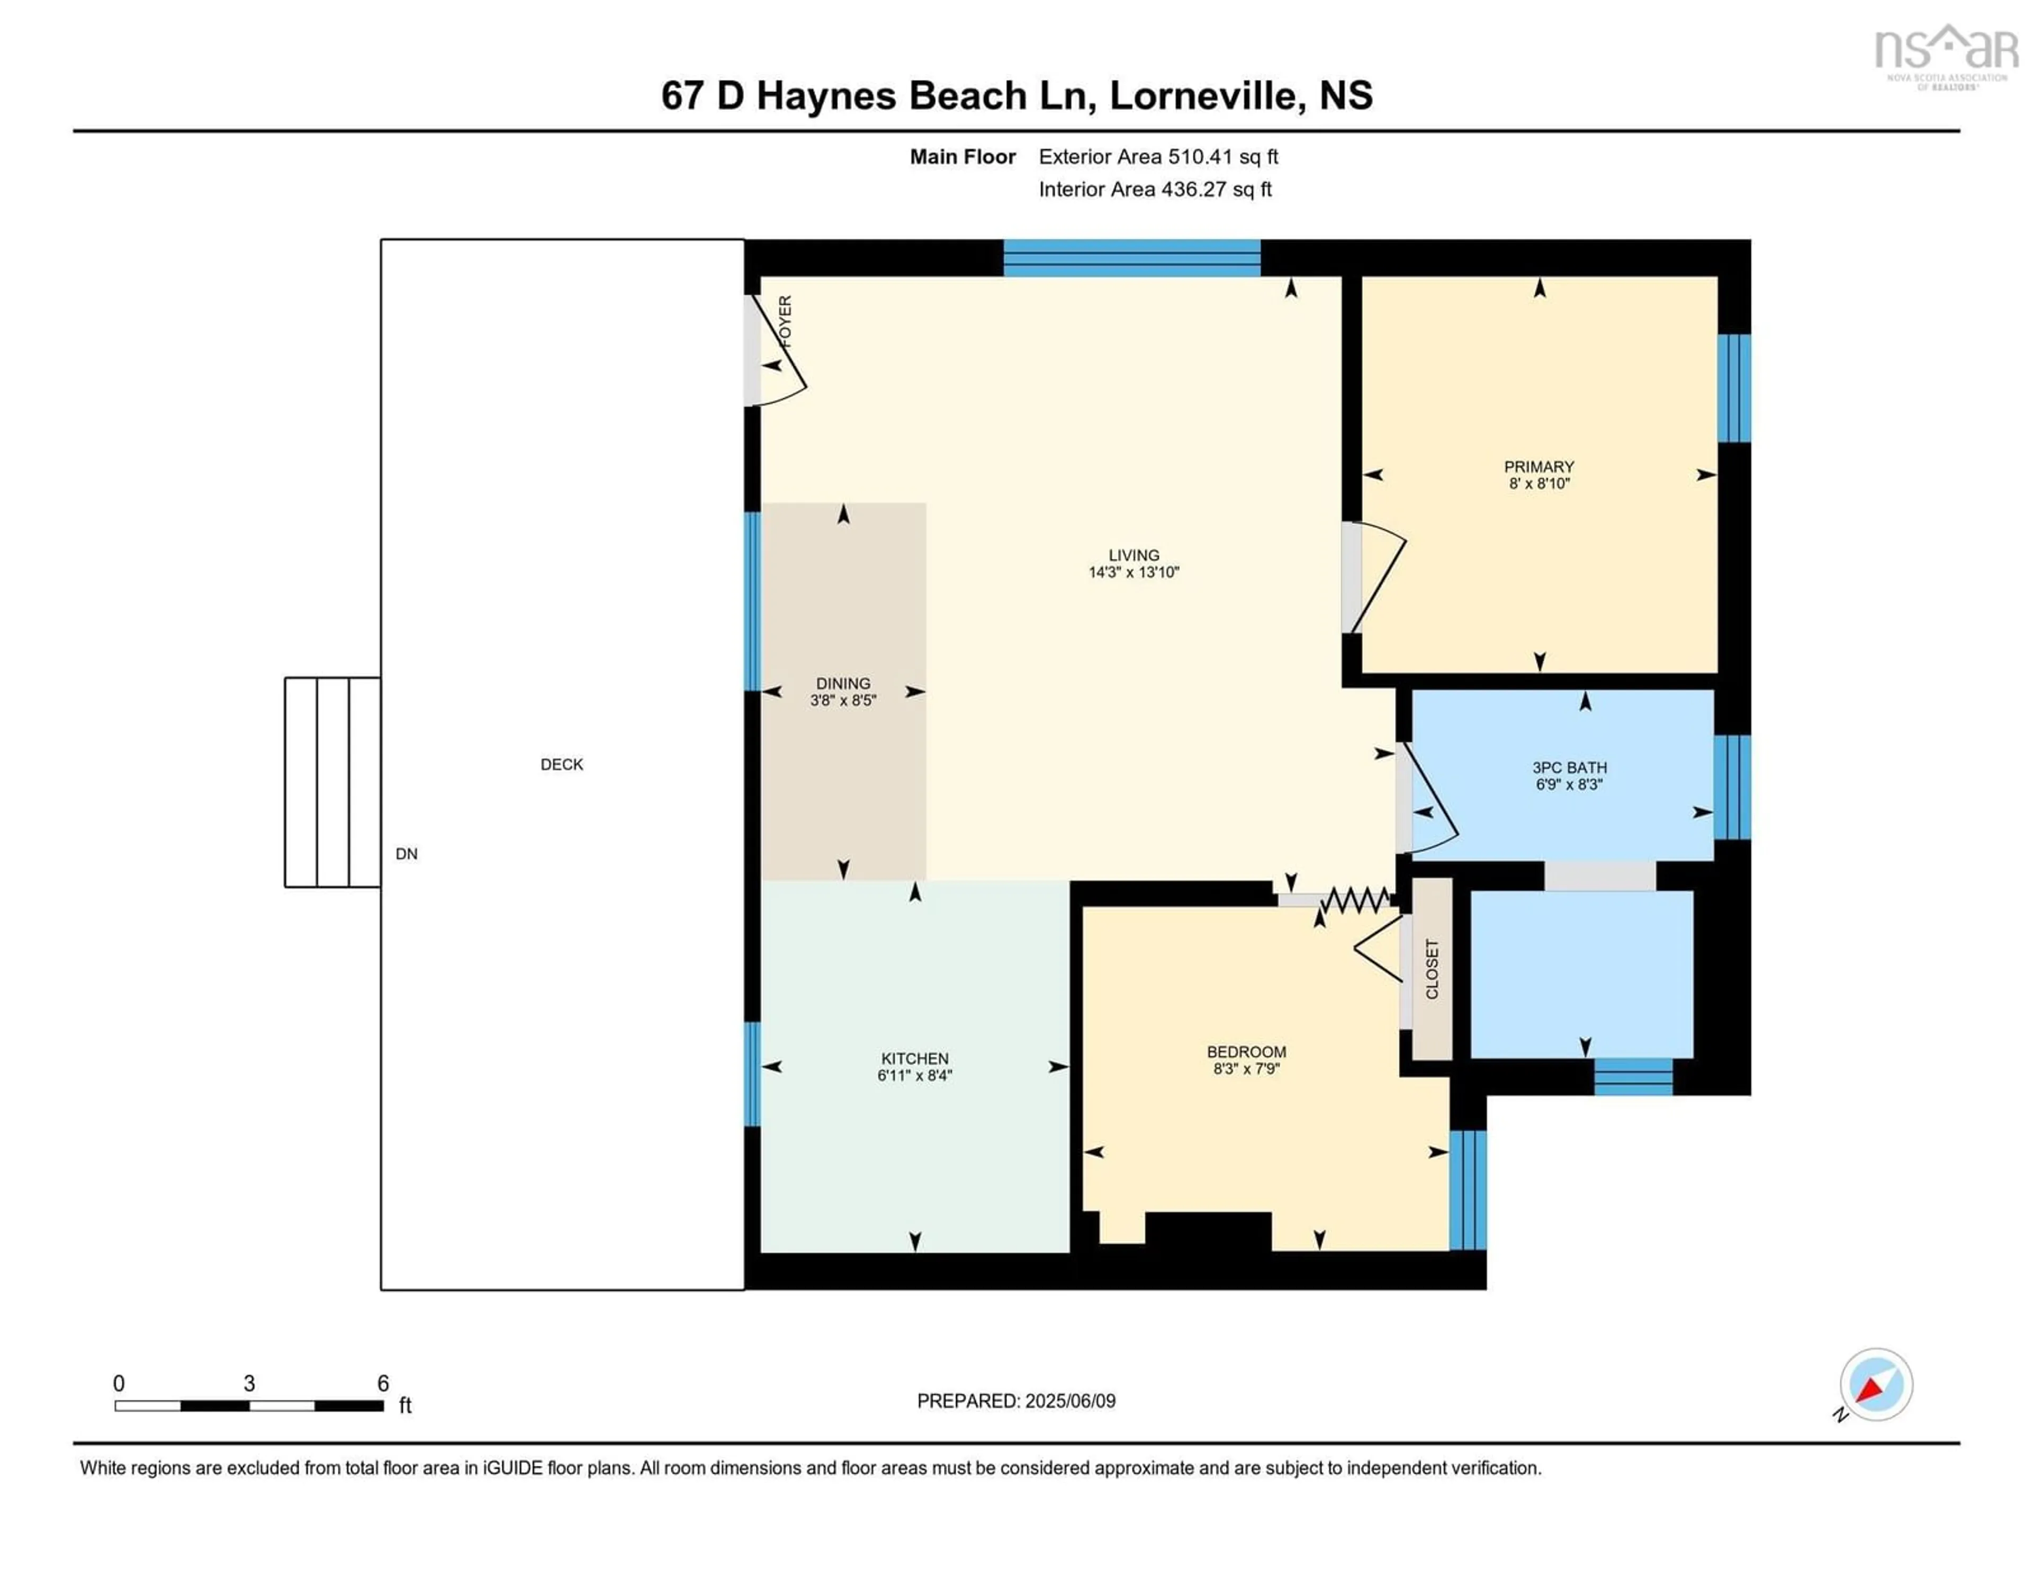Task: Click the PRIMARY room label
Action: [1539, 466]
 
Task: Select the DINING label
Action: [842, 683]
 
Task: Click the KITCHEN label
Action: [914, 1058]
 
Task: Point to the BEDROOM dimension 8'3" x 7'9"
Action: [1246, 1068]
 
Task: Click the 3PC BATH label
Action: [1569, 767]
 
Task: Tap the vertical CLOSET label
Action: [1432, 969]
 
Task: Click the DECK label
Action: [561, 764]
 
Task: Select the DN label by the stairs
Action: [406, 853]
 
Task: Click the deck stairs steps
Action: [332, 782]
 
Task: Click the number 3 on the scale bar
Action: [248, 1384]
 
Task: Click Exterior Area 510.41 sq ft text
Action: [1158, 156]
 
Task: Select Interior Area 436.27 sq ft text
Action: [1154, 189]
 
